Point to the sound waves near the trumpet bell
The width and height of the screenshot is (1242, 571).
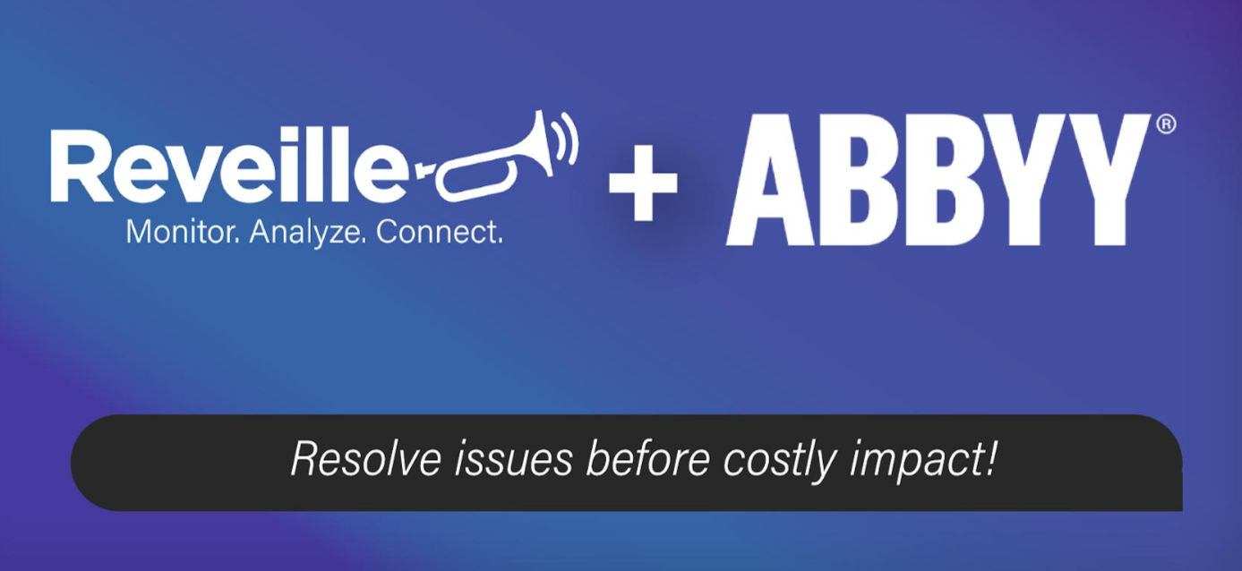567,138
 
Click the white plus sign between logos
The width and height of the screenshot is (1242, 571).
643,182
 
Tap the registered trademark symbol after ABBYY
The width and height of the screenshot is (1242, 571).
1167,124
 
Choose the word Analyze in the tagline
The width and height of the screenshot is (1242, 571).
308,233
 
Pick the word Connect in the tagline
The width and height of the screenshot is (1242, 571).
439,232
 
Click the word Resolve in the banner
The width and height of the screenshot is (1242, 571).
366,459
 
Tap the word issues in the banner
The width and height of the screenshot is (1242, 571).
513,459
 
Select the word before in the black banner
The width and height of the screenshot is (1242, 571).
647,459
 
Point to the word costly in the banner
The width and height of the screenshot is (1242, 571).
780,461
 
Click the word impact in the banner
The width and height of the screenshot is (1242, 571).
915,461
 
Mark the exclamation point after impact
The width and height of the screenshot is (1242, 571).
990,458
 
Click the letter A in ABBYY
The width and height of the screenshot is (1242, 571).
770,180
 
